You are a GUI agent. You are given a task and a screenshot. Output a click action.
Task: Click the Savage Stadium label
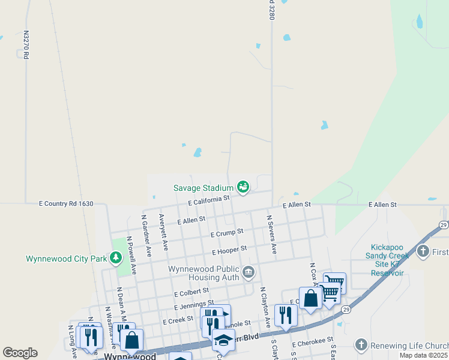[x=203, y=188]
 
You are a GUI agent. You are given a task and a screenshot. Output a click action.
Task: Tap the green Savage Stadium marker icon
[x=243, y=188]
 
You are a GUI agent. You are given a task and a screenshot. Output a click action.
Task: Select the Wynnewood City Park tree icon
[x=116, y=259]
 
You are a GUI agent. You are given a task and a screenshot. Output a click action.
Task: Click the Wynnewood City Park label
[x=66, y=259]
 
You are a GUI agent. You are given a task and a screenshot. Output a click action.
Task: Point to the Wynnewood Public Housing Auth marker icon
[x=248, y=274]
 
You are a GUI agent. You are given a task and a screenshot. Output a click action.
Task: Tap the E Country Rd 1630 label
[x=66, y=204]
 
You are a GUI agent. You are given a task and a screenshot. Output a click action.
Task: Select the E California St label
[x=208, y=200]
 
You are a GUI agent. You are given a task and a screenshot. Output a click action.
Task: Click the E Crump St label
[x=227, y=232]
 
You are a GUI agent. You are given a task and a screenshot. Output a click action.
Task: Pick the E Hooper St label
[x=229, y=250]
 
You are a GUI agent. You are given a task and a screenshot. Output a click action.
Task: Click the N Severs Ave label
[x=271, y=235]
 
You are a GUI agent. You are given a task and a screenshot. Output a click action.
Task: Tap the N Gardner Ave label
[x=145, y=232]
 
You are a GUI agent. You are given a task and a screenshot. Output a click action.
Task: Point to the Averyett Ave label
[x=163, y=232]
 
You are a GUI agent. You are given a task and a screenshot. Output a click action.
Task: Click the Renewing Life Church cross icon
[x=361, y=344]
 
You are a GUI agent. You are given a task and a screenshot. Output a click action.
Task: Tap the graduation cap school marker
[x=223, y=340]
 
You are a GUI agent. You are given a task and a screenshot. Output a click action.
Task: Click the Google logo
[x=20, y=353]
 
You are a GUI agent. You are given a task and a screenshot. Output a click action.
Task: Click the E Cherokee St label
[x=313, y=343]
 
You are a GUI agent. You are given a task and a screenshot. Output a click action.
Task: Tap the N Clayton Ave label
[x=262, y=306]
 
